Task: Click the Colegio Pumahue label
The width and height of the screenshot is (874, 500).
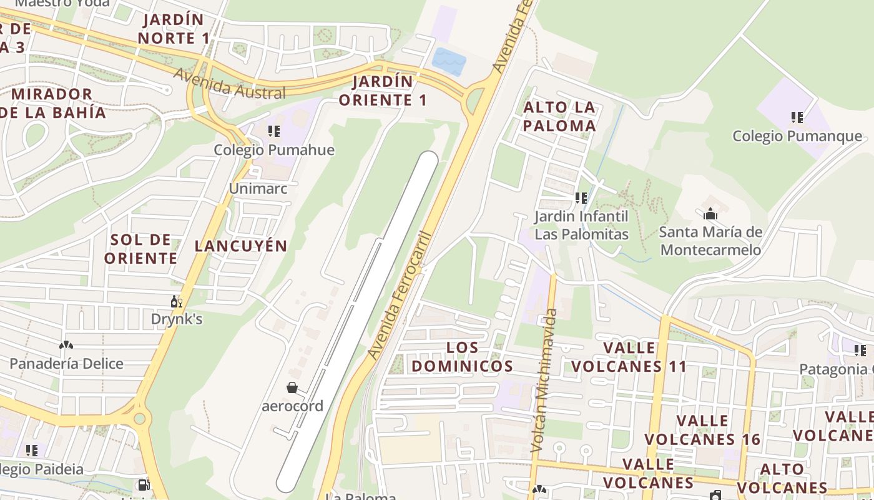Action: (274, 150)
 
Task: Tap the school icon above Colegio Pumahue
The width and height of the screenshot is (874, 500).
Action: (273, 131)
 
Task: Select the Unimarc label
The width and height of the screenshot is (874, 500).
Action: (258, 188)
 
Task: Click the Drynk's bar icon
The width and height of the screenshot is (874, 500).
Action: (177, 302)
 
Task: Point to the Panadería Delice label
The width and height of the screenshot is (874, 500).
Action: (66, 363)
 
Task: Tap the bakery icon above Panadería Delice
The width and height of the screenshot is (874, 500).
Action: (66, 345)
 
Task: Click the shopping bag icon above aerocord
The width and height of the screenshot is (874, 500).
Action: (292, 388)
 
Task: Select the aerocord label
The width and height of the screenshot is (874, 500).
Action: (292, 406)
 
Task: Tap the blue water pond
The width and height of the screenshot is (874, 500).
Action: (449, 61)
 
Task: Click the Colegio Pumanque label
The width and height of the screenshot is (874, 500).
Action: (797, 136)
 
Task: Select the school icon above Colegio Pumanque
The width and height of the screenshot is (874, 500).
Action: (797, 117)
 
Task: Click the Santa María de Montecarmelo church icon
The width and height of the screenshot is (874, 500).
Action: (710, 215)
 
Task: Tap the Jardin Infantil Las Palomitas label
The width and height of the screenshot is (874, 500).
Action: (581, 225)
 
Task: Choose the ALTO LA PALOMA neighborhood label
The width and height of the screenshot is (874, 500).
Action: (559, 116)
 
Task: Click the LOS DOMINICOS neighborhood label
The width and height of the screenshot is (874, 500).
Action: (463, 357)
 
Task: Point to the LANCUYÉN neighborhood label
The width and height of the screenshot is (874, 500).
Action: (240, 246)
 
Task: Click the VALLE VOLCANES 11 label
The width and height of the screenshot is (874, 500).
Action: (629, 357)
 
